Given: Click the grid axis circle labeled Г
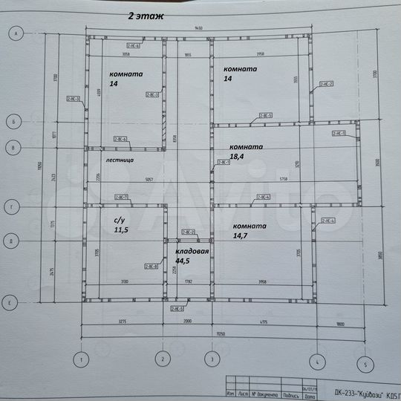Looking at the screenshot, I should (13, 207).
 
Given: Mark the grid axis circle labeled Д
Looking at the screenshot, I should (13, 241).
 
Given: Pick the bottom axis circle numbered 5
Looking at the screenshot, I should (365, 363).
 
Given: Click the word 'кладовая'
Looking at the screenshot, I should (192, 252).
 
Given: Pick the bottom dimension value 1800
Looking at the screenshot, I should (339, 322).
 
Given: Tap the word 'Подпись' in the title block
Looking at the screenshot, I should (292, 394).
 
